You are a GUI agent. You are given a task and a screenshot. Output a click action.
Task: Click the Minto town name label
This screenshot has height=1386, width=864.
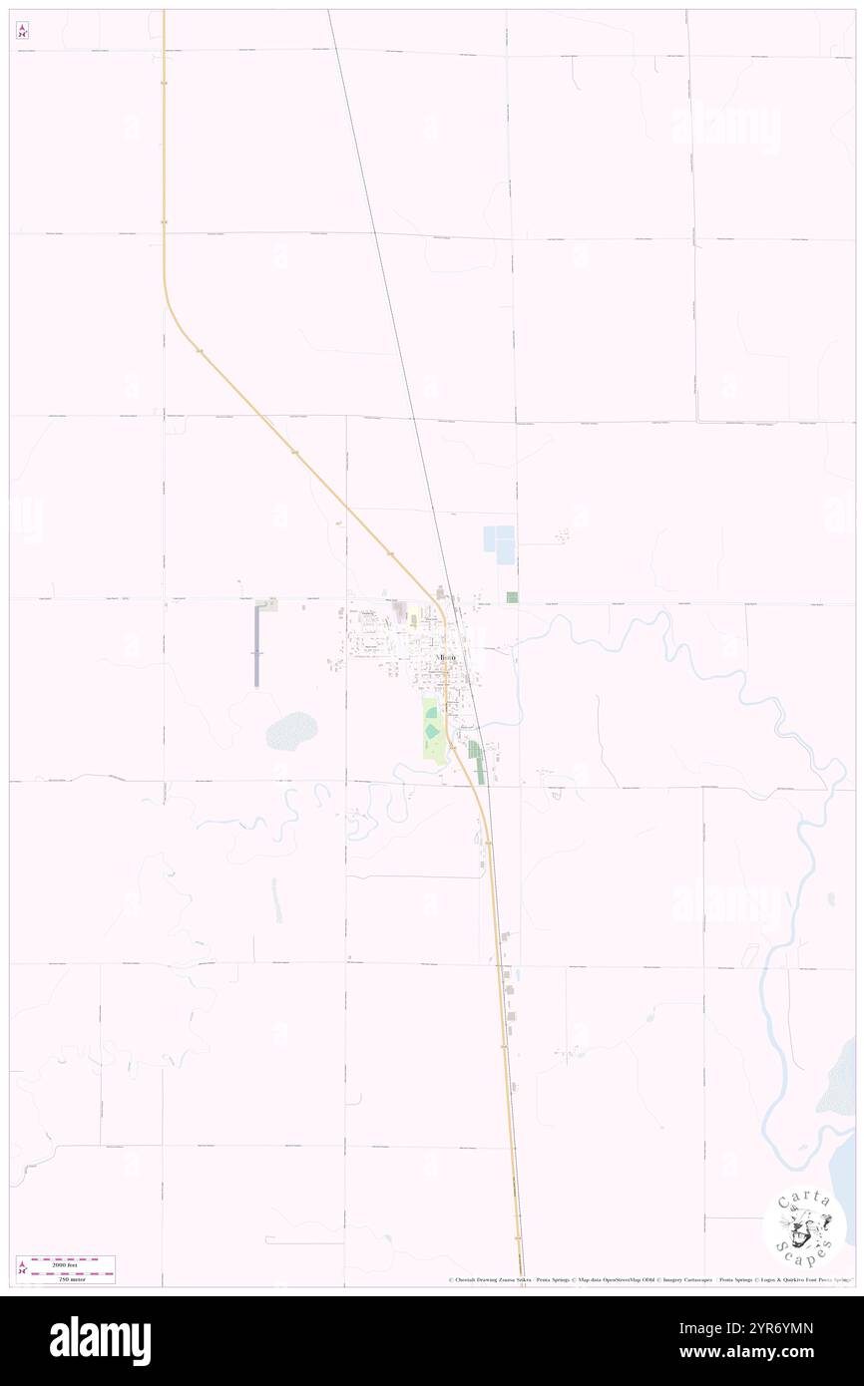[x=446, y=659]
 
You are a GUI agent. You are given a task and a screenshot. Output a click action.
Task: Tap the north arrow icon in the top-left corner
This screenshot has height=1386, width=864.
[x=22, y=31]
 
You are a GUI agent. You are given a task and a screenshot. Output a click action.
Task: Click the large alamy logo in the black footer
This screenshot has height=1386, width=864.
[x=100, y=1341]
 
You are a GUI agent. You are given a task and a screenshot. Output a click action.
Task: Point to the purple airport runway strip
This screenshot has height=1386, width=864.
[x=256, y=645]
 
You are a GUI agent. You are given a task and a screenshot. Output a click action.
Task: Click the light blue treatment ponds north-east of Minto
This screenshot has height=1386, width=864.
[x=499, y=544]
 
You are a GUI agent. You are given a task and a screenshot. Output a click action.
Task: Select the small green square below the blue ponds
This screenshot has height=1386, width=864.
[x=512, y=597]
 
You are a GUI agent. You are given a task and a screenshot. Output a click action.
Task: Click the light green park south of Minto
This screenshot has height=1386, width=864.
[x=431, y=731]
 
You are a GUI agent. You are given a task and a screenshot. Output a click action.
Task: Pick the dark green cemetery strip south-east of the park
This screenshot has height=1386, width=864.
[x=479, y=764]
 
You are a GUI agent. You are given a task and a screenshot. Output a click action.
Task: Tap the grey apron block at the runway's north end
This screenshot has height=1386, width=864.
[x=267, y=604]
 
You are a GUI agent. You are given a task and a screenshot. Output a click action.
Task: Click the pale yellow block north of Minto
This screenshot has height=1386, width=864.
[x=413, y=621]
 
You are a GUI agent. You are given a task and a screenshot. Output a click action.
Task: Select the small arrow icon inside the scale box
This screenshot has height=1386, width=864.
[x=22, y=1269]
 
